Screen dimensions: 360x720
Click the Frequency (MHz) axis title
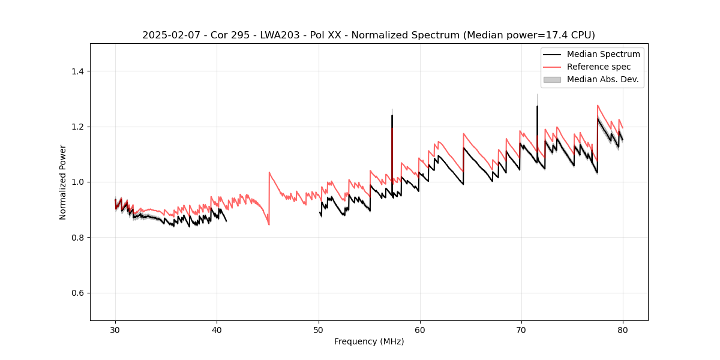click(x=369, y=341)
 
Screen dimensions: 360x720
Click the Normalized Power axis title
click(x=63, y=182)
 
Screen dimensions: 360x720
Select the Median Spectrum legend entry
click(x=603, y=54)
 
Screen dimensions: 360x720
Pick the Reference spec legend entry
click(x=598, y=67)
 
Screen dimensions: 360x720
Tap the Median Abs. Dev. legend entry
click(x=603, y=79)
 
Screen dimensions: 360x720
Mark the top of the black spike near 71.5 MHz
click(x=537, y=106)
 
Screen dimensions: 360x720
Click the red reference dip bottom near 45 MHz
click(x=269, y=224)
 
